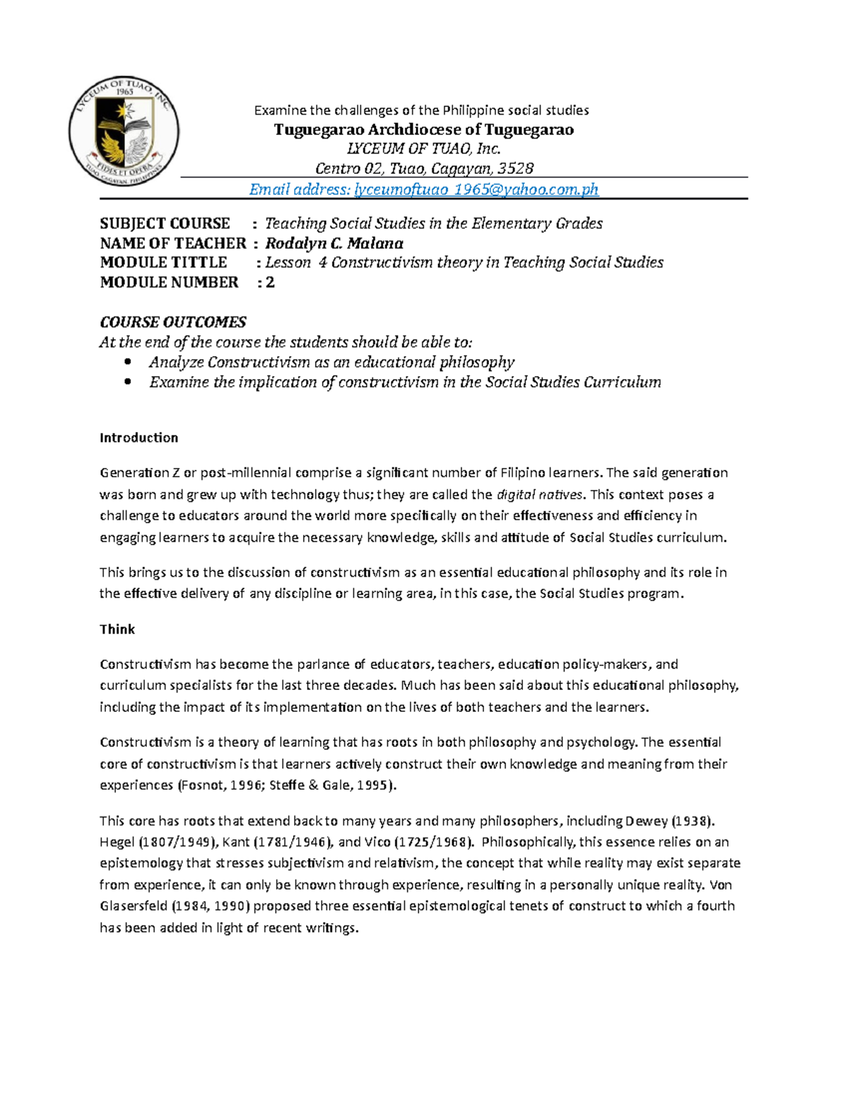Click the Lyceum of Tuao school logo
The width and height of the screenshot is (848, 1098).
[124, 132]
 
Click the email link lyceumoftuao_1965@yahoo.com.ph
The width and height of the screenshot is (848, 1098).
[476, 189]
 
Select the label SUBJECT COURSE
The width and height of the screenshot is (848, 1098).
[165, 223]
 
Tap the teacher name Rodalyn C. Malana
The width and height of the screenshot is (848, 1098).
[334, 243]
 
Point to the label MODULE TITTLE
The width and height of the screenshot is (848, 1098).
[163, 262]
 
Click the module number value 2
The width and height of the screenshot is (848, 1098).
[270, 282]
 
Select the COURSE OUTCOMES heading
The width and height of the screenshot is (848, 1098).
[173, 322]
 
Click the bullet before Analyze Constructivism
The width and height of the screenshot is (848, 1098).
[128, 362]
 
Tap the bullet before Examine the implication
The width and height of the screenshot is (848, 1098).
[128, 382]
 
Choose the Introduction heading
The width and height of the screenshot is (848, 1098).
[139, 438]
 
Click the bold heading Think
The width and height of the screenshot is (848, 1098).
[117, 629]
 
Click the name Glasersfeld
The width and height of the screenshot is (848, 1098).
[129, 906]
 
